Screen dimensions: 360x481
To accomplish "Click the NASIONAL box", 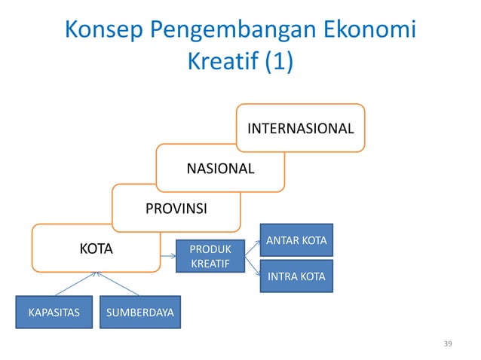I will (220, 167).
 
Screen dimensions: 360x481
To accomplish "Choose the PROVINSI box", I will (176, 207).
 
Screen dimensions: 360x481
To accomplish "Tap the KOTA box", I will (97, 247).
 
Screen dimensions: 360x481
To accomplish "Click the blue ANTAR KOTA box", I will (296, 240).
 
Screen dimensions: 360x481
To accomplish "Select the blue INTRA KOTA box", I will (296, 276).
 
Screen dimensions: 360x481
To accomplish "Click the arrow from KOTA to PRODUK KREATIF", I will (168, 255).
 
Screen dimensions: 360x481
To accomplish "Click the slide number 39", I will (449, 344).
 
